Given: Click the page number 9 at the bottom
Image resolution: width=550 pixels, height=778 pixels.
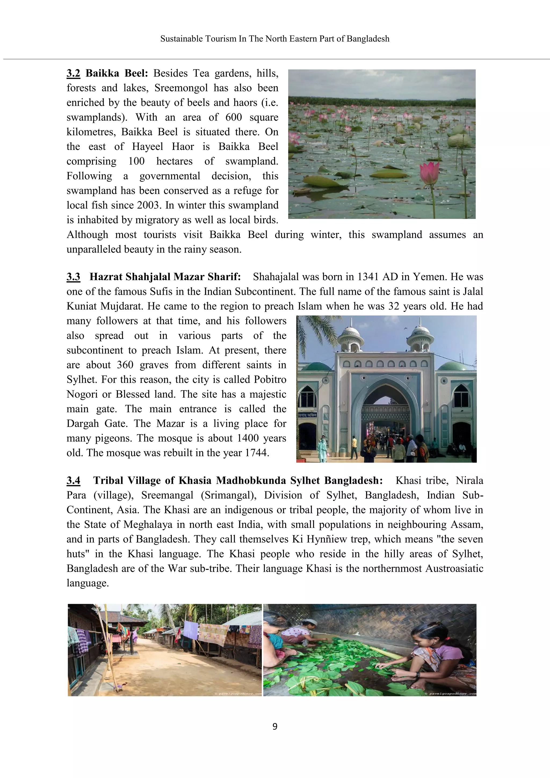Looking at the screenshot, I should (275, 726).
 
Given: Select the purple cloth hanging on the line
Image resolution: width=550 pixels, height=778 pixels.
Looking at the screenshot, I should (190, 630).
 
